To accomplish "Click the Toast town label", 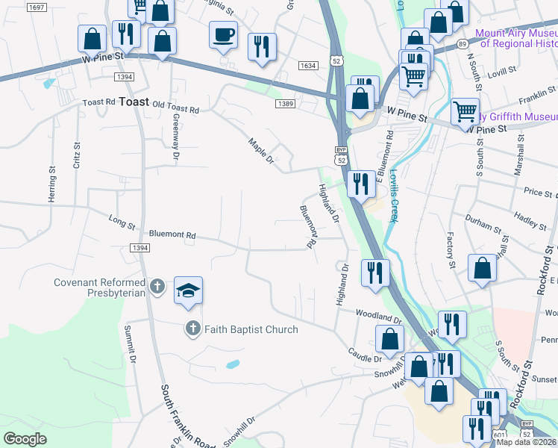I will [134, 102].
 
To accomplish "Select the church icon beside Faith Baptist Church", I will [192, 329].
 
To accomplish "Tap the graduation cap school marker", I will [188, 290].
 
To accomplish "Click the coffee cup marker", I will [223, 34].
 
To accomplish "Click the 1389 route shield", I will [283, 103].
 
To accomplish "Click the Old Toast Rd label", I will [175, 109].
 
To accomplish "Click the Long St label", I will [122, 220].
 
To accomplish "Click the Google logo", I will [25, 439].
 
